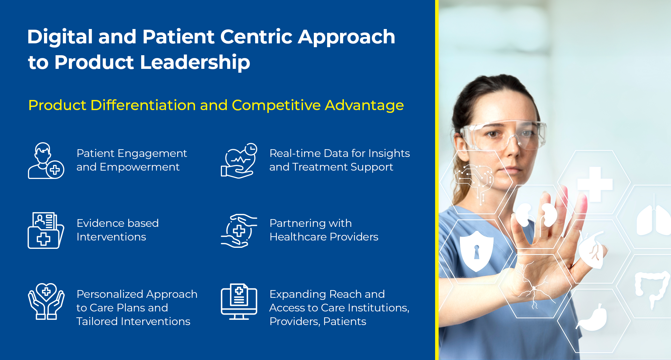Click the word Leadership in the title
point(195,63)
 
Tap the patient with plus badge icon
point(46,161)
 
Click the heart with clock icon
point(239,161)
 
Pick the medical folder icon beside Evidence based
point(46,230)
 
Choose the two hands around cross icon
point(239,231)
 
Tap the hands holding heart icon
point(46,301)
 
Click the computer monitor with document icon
point(239,301)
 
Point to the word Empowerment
point(139,167)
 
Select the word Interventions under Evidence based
point(111,237)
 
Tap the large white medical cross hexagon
point(595,184)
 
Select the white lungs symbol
point(653,220)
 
